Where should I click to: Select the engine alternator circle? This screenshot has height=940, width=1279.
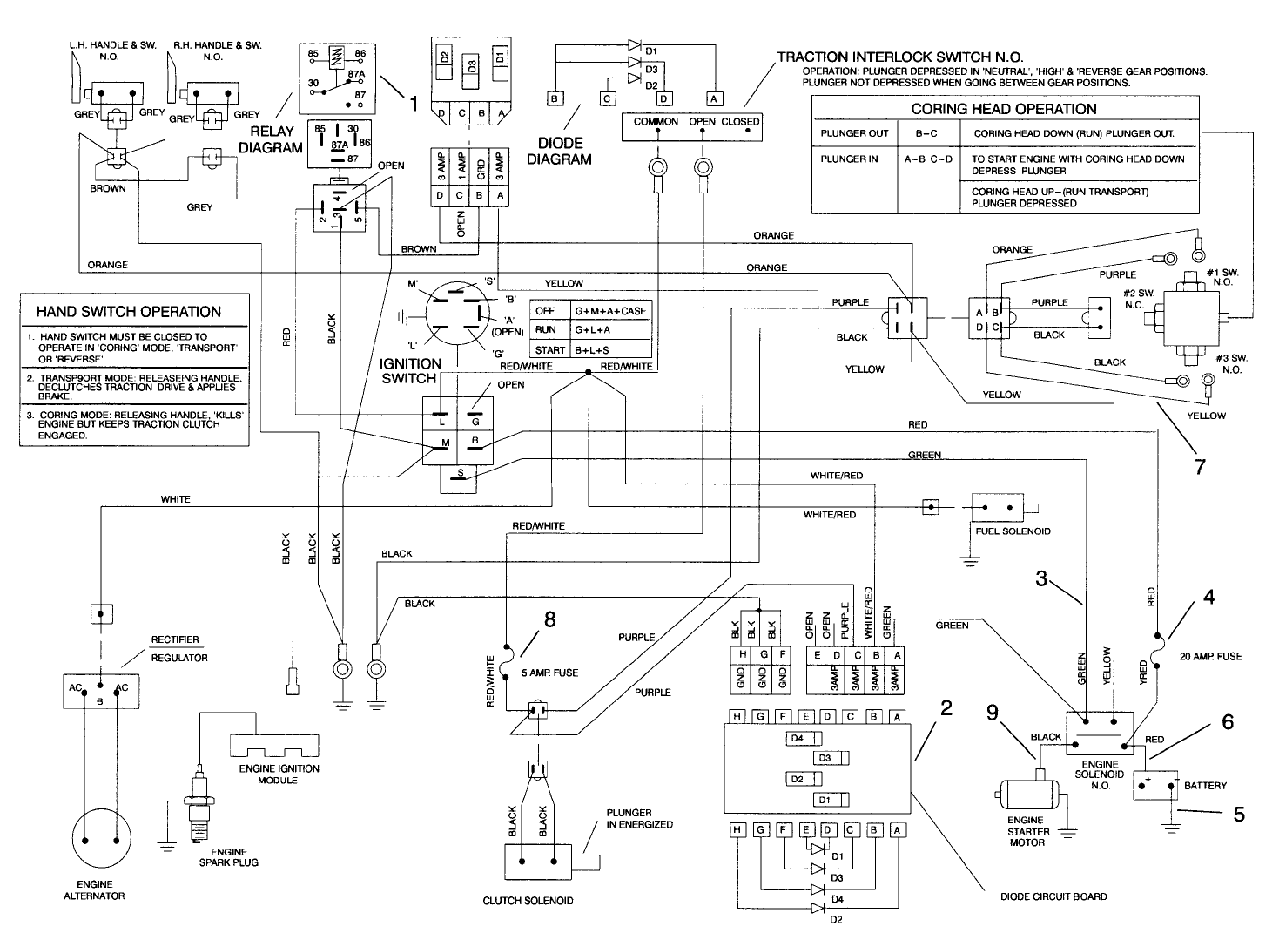[99, 840]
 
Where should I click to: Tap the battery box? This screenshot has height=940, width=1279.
[1154, 786]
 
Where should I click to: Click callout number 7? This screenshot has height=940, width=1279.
[1200, 467]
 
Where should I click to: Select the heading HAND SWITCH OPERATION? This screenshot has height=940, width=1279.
[128, 312]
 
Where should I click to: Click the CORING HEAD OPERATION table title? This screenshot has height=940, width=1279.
[1003, 109]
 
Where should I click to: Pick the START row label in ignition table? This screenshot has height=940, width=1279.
[550, 349]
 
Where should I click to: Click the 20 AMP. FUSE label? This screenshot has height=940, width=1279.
[1210, 656]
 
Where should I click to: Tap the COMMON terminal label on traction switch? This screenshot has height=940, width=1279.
[656, 122]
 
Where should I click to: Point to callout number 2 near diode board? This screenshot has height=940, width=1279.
[946, 708]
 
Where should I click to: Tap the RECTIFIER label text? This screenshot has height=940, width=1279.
[175, 639]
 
